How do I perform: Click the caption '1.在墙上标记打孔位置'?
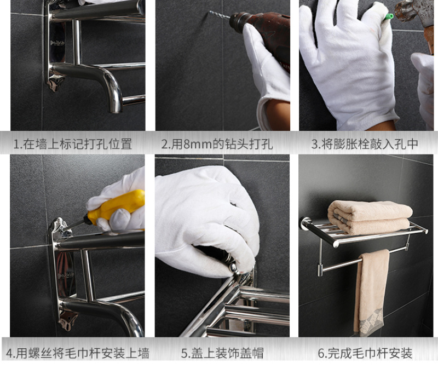click(73, 144)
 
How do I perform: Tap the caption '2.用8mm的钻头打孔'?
click(217, 144)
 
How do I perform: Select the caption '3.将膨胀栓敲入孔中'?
click(365, 144)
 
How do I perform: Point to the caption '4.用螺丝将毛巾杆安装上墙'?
click(77, 353)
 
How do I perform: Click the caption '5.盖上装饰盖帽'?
click(222, 353)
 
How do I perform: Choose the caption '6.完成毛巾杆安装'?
click(365, 353)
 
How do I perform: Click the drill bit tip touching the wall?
click(210, 12)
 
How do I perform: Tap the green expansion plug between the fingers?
click(389, 16)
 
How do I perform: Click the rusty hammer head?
click(414, 11)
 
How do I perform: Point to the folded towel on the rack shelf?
click(370, 216)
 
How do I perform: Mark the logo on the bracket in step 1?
click(57, 43)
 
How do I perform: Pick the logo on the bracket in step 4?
click(66, 275)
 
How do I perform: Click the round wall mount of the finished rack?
click(305, 223)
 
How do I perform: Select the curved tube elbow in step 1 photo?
click(107, 84)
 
